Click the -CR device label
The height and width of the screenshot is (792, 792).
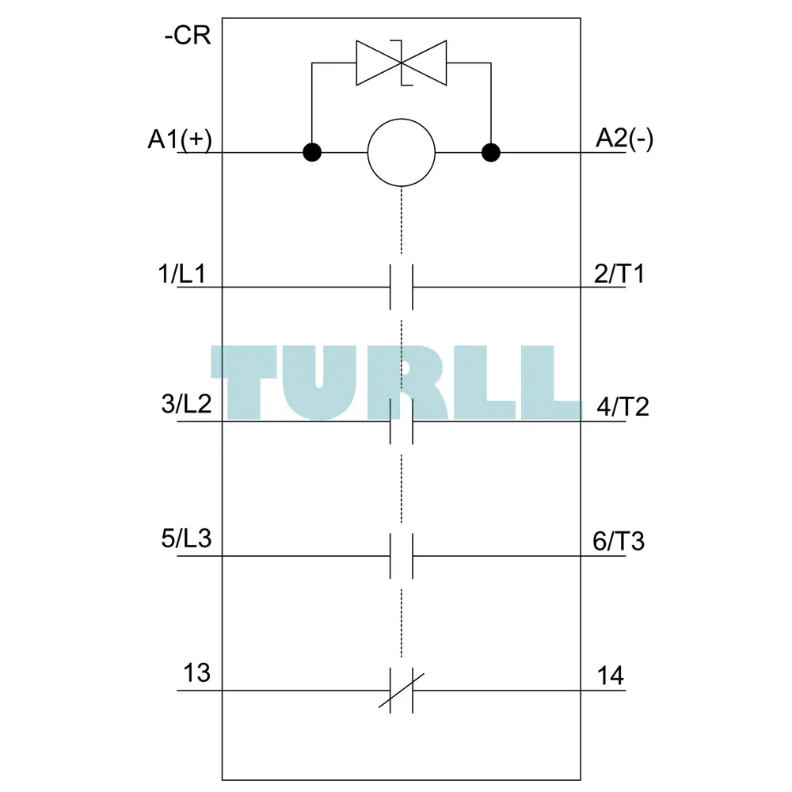coord(188,36)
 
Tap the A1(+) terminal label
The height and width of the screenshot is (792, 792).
coord(180,139)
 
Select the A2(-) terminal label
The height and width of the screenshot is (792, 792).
coord(625,139)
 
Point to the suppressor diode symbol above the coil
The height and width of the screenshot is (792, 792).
coord(402,63)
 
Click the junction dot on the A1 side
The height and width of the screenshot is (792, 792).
coord(312,152)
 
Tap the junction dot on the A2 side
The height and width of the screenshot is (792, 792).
coord(491,152)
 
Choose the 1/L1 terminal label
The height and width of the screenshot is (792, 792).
coord(182,274)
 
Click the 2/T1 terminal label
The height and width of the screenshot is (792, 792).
coord(620,274)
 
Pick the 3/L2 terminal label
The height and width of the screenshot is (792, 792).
coord(186,404)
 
